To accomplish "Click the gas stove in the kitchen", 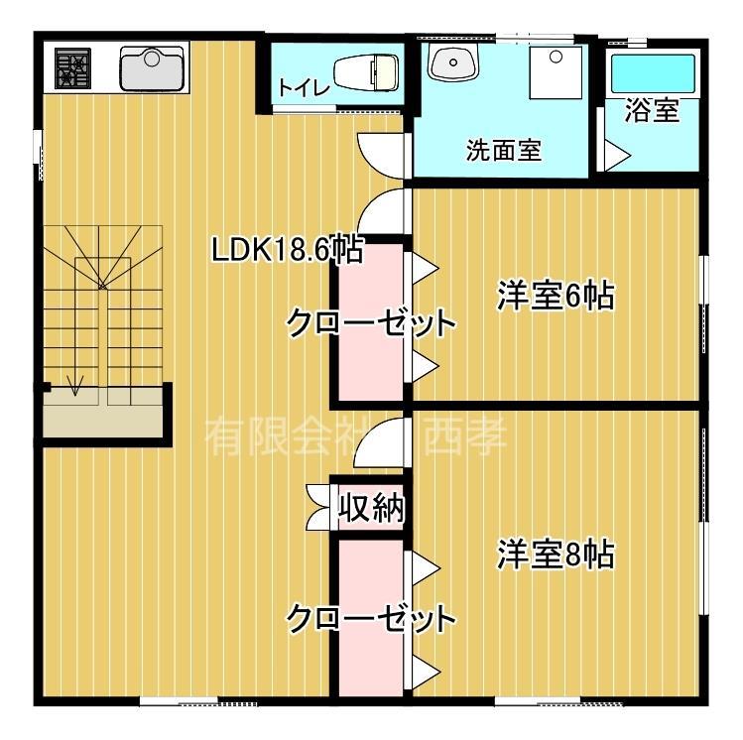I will [71, 68].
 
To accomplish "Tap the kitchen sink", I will [154, 68].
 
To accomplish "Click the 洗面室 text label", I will [503, 151].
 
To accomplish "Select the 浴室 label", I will [652, 110].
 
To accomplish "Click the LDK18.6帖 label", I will [287, 250].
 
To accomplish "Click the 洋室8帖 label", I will [556, 554].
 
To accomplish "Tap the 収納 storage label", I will [371, 508].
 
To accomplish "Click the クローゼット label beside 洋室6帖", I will [371, 322].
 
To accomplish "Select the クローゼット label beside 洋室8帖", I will [371, 619].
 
